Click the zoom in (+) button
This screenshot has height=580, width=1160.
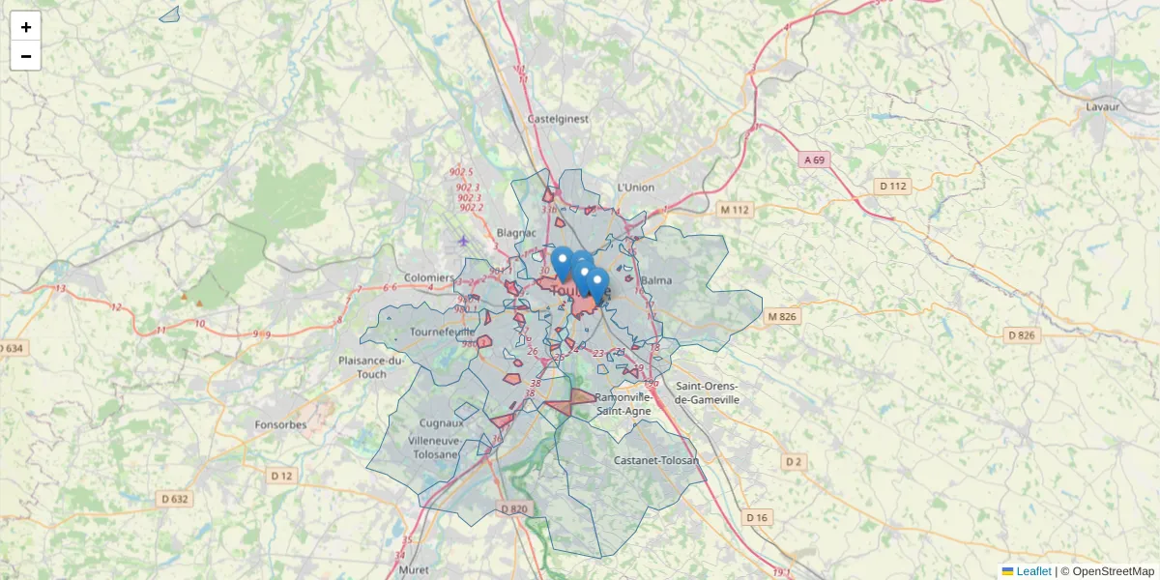point(25,27)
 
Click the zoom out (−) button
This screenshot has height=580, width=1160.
point(25,56)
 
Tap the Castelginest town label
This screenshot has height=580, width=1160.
point(558,119)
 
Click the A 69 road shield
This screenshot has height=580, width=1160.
point(815,159)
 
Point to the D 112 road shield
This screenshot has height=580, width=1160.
point(893,186)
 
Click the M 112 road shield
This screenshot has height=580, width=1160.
point(734,209)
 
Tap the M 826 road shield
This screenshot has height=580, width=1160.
point(782,317)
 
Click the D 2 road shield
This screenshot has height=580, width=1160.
point(793,462)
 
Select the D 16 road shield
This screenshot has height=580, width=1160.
point(757,518)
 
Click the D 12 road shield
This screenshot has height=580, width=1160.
point(281,476)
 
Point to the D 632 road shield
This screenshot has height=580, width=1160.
point(173,499)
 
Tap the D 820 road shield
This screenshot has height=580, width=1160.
point(514,509)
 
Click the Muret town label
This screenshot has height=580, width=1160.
point(413,570)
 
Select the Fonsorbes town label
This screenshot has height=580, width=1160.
point(280,424)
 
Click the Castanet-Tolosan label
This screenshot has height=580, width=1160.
point(656,460)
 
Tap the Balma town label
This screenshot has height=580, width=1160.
point(655,280)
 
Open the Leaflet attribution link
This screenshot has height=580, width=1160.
point(1032,571)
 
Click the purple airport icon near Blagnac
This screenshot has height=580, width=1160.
point(464,241)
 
